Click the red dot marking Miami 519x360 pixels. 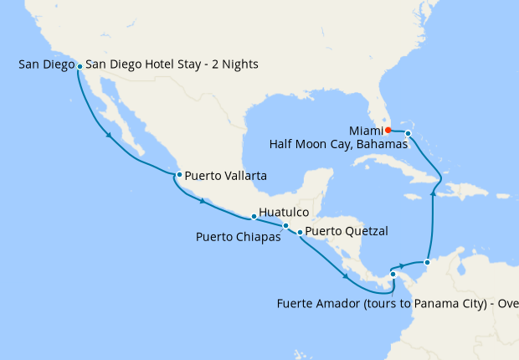(388, 130)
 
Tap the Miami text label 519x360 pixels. (366, 130)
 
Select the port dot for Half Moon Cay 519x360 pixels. (408, 134)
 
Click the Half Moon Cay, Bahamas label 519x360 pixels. (338, 144)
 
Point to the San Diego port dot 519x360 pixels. (80, 65)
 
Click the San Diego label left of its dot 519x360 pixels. (44, 64)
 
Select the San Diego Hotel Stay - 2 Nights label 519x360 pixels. (172, 64)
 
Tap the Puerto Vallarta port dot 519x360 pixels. (179, 175)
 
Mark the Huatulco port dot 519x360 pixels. (254, 217)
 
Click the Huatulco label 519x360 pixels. (285, 213)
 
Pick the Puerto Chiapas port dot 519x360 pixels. (285, 226)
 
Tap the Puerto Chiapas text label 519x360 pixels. (238, 236)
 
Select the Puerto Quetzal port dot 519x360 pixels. (301, 231)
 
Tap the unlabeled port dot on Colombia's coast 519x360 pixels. (427, 263)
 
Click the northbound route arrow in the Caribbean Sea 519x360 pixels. (433, 193)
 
